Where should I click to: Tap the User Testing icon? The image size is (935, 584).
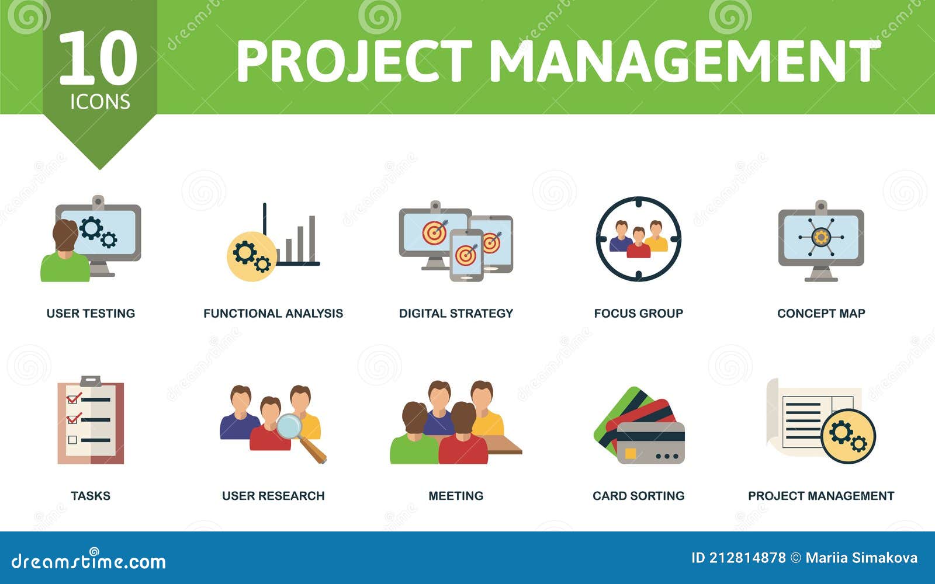coord(91,239)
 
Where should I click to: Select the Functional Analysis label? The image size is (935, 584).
coord(273,314)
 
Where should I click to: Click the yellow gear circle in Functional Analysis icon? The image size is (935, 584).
coord(252,256)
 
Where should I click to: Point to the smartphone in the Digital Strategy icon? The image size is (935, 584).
coord(466,255)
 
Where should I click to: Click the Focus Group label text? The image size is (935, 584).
coord(638,314)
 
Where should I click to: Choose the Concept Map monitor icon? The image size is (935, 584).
coord(821,239)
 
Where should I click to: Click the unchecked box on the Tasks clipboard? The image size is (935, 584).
coord(72,440)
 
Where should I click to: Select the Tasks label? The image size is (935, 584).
coord(91,496)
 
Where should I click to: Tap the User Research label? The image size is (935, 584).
coord(273,496)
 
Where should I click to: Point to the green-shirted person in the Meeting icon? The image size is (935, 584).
coord(414,438)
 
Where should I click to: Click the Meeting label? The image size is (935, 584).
coord(456,496)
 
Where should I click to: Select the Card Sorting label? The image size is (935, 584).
coord(638,496)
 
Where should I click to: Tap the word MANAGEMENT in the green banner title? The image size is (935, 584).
coord(684,61)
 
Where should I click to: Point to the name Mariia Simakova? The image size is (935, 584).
coord(861,558)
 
